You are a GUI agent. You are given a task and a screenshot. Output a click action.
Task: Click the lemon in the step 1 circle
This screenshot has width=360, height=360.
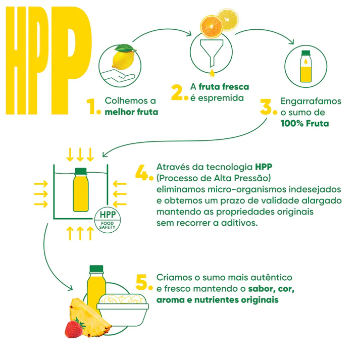pos(123,60)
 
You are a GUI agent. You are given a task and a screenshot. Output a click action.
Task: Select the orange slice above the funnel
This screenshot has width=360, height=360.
pos(212,27)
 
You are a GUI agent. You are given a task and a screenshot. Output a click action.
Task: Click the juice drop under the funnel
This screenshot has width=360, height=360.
pos(212,73)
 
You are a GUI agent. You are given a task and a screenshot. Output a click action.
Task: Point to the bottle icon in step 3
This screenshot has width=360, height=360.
pos(306,66)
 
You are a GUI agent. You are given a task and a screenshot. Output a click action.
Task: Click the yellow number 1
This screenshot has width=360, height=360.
pos(91,106)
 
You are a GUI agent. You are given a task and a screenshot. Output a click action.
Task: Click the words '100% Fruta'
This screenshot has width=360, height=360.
pos(304,124)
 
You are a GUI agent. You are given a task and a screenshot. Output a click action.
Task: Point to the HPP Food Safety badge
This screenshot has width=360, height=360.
pos(108,220)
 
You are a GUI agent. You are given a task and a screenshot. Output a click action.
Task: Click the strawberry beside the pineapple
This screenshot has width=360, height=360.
pos(74,329)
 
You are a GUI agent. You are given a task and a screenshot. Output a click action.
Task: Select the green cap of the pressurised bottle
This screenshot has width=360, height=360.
pos(81,171)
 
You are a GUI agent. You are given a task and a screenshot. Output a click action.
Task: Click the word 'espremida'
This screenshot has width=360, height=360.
pos(221,98)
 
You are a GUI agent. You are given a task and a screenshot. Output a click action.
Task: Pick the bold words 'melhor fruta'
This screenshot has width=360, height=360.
pos(132,112)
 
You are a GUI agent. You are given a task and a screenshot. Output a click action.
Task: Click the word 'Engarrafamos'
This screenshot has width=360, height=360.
pos(311,101)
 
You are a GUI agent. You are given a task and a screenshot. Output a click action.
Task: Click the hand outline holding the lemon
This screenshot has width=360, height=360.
pos(118,76)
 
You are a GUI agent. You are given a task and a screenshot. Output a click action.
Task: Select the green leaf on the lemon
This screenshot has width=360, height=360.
pos(124,48)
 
